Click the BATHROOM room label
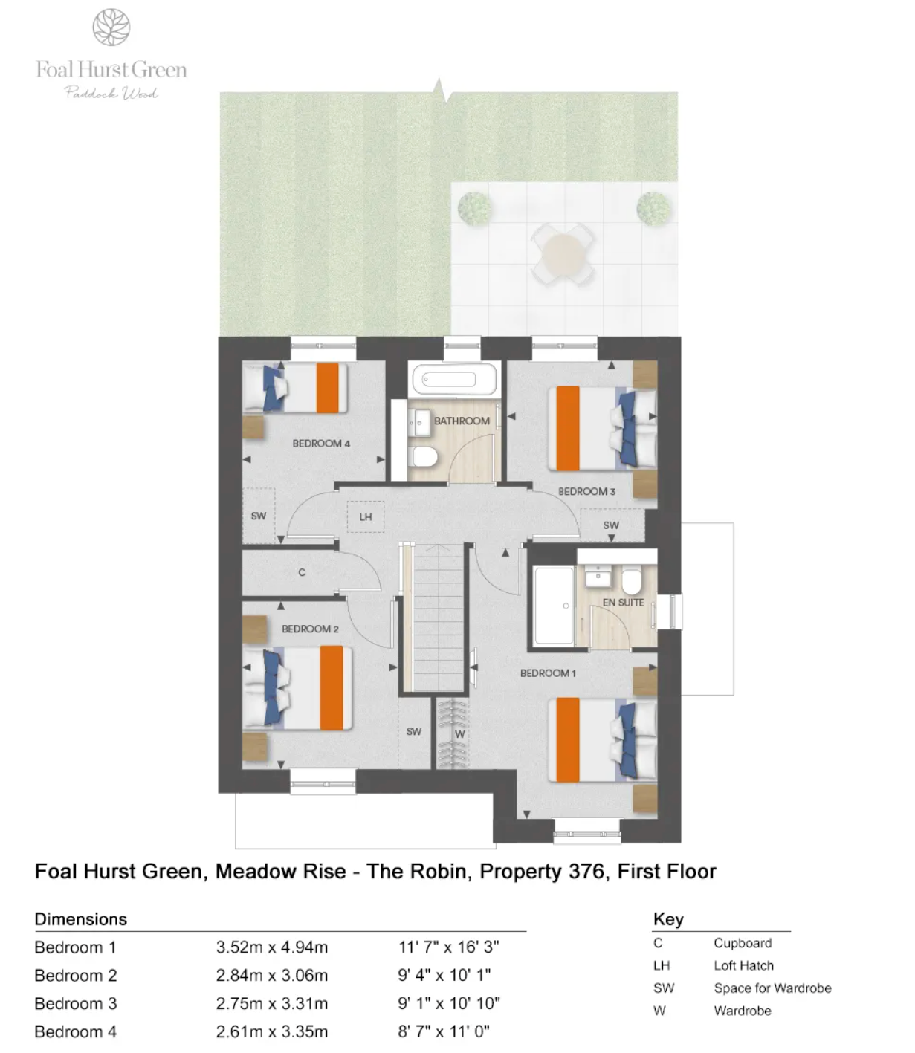461,421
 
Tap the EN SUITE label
623,602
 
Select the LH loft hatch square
366,516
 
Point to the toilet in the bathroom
424,456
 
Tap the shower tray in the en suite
554,605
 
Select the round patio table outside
562,253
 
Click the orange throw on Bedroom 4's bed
327,388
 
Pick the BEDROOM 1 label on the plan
548,673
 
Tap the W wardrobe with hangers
453,733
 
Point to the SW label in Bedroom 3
611,525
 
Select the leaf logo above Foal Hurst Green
111,27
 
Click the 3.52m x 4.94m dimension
272,947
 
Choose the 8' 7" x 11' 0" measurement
444,1031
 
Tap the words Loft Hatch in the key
743,965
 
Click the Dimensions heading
81,919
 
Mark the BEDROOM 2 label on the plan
310,629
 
